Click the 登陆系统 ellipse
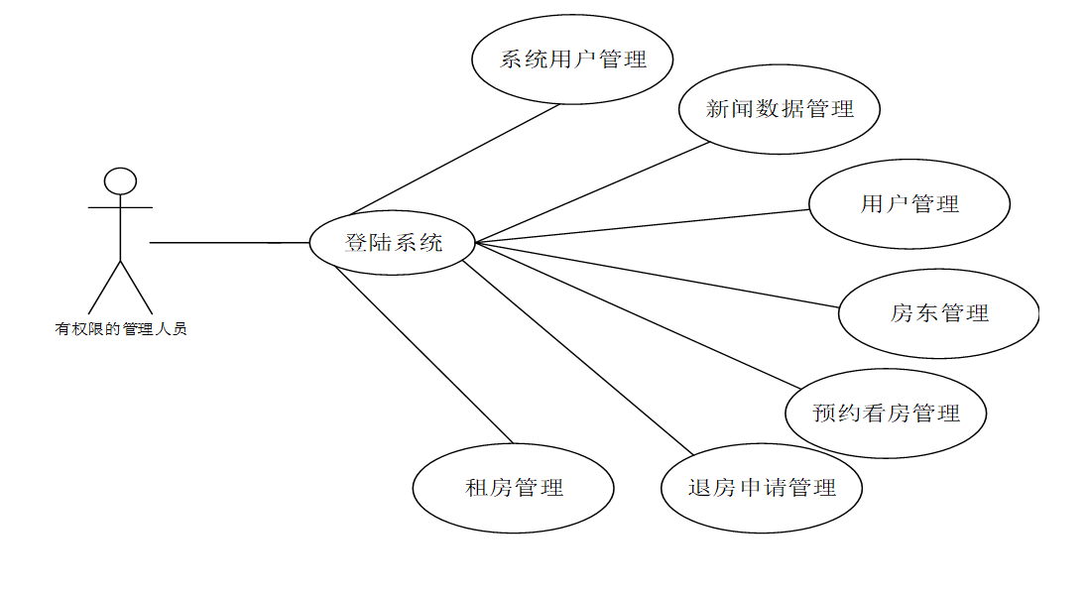point(393,242)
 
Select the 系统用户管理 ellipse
point(572,59)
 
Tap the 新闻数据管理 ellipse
point(780,109)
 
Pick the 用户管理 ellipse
point(909,204)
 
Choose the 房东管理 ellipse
point(938,313)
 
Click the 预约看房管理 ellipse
point(886,414)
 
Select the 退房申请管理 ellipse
point(762,488)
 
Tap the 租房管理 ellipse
point(514,488)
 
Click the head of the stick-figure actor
point(120,180)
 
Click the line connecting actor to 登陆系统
point(228,242)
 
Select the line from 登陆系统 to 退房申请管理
point(575,357)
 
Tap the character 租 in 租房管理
point(476,488)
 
